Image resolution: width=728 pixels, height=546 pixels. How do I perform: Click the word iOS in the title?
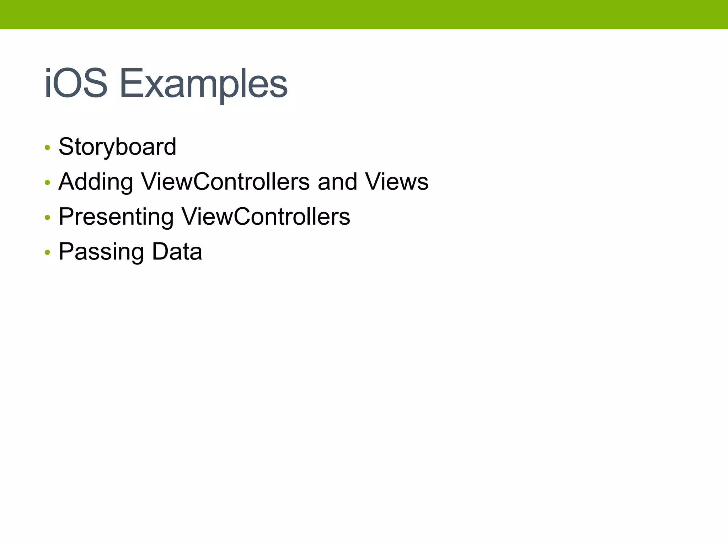76,83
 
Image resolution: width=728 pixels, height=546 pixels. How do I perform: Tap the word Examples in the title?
204,84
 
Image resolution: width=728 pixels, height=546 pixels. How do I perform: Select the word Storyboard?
117,147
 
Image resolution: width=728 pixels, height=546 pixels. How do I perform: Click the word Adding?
96,182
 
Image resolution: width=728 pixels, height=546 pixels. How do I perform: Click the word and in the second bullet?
337,182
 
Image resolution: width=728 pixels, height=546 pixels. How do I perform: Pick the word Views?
397,182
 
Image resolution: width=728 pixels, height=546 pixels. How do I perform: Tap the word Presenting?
116,217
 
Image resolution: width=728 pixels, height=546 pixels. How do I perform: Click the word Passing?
101,252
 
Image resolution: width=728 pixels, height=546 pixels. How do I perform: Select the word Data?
177,251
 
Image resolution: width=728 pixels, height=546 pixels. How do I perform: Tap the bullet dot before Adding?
47,182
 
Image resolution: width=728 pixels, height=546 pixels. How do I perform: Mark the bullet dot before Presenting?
47,217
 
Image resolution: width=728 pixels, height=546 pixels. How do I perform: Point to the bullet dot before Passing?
47,252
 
